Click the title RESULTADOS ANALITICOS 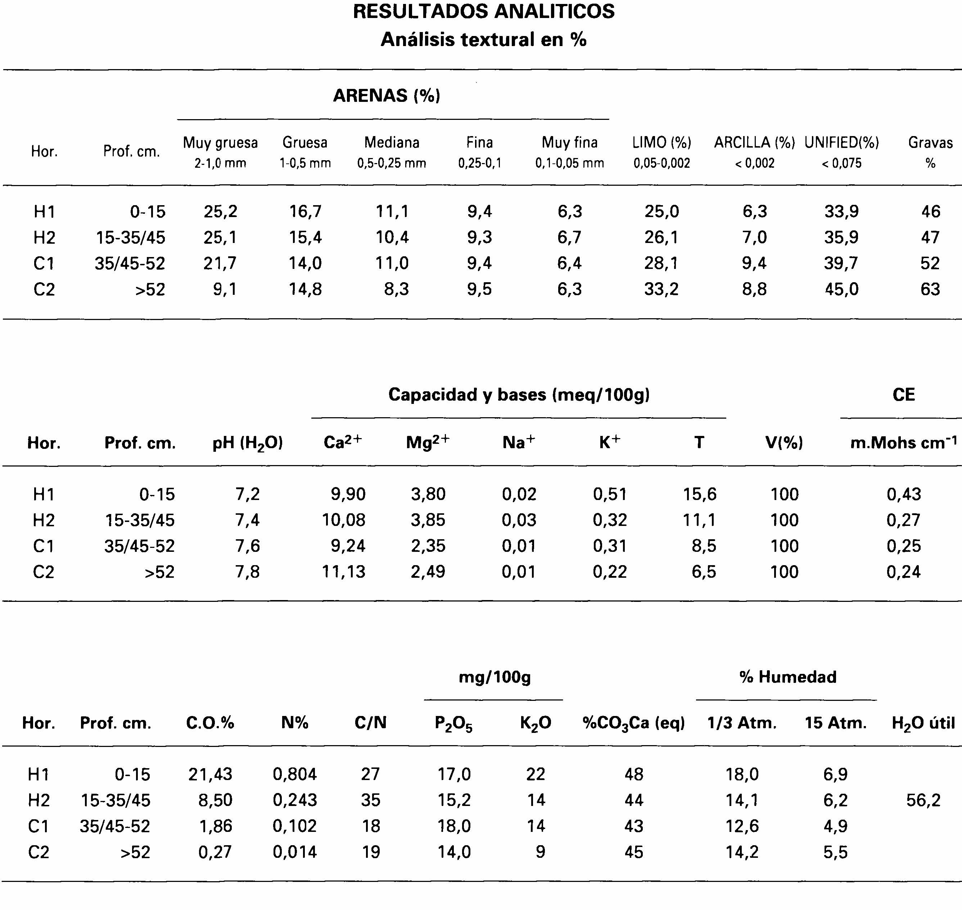pos(483,12)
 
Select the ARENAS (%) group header pos(387,95)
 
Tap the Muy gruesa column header pos(220,143)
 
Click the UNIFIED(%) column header pos(841,143)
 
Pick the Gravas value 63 pos(930,289)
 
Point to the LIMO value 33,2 pos(661,289)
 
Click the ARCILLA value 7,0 pos(754,237)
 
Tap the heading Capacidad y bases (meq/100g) pos(519,395)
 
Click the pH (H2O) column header pos(247,443)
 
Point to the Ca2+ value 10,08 pos(344,520)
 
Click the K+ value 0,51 pos(610,494)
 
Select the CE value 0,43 pos(903,494)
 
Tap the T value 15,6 pos(699,494)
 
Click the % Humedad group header pos(788,677)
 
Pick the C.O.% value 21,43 pos(211,774)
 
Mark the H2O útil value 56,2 pos(923,800)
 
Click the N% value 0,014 pos(295,852)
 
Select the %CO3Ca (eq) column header pos(633,723)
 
